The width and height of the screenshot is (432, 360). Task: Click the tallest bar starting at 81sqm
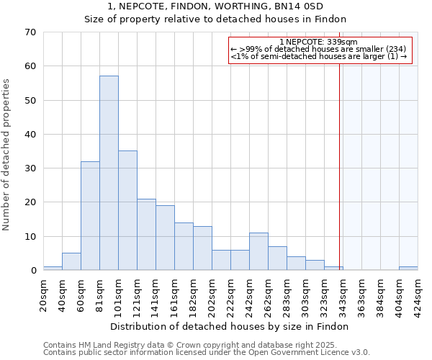pos(109,173)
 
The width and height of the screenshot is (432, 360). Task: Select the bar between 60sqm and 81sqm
pos(90,216)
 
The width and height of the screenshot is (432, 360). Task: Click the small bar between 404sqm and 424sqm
pos(408,269)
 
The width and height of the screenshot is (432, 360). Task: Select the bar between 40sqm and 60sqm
pos(71,262)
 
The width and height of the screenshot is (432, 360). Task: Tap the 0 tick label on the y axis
pos(32,271)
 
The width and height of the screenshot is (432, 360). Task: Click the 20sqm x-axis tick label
pos(44,293)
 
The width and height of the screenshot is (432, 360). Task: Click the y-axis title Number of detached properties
pos(7,155)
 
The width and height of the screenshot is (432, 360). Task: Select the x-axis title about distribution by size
pos(230,326)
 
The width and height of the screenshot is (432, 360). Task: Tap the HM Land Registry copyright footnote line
pos(200,345)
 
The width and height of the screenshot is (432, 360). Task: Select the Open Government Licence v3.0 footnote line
pos(206,353)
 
